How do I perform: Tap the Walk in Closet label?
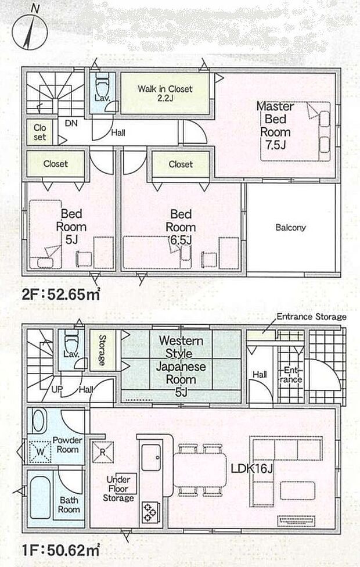[x=164, y=94]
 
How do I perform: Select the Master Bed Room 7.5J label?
[x=275, y=125]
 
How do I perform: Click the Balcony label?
[x=290, y=228]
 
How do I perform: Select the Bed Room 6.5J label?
[x=180, y=227]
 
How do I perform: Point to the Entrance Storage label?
[x=311, y=317]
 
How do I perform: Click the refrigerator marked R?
[x=102, y=451]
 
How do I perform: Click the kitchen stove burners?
[x=150, y=512]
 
